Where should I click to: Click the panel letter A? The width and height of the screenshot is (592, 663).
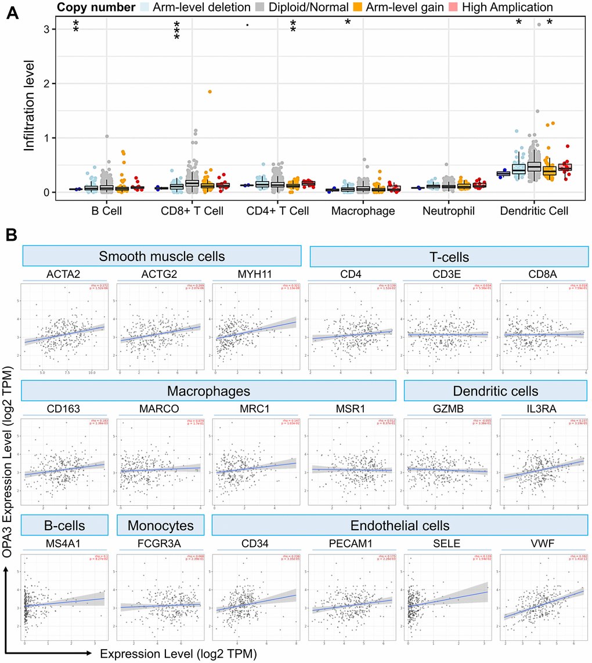click(12, 12)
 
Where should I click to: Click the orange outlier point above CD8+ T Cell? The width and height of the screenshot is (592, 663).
click(210, 92)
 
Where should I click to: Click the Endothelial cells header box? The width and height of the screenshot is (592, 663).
click(400, 526)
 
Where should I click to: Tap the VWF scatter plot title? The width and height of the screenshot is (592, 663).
click(539, 545)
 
